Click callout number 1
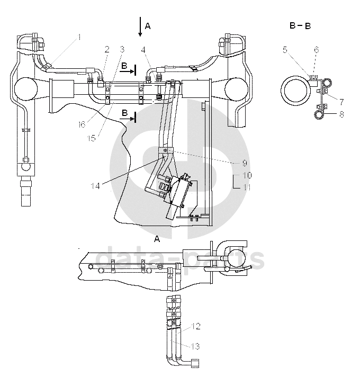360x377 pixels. point(79,37)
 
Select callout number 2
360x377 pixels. point(107,50)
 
